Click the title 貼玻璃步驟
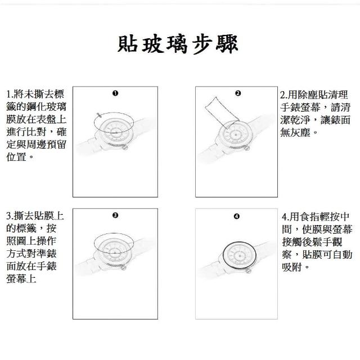coord(178,44)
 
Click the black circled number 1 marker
coord(115,93)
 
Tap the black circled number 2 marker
coord(238,93)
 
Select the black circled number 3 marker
coord(115,215)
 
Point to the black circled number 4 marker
coord(236,217)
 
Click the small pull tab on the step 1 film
coord(99,115)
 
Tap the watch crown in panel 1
coord(125,147)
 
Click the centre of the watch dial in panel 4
coord(240,256)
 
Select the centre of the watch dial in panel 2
coord(236,134)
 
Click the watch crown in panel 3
coord(124,267)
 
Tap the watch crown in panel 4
coord(248,271)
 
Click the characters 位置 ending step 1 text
coord(16,157)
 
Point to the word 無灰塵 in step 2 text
coord(295,132)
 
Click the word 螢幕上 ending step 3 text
coord(21,279)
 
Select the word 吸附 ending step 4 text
coord(292,267)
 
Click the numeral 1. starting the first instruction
coord(10,94)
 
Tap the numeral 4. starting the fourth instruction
coord(285,217)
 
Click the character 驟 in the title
coord(227,44)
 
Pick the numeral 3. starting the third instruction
coord(10,216)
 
